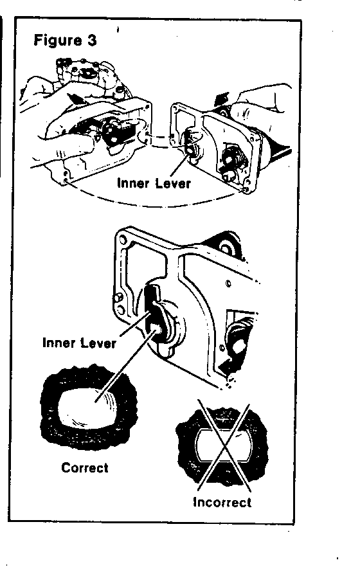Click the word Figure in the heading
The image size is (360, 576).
tap(58, 40)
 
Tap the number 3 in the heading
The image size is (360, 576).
tap(92, 39)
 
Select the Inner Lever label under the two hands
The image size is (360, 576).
tap(154, 183)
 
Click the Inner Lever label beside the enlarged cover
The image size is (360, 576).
tap(79, 343)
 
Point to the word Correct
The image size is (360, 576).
tap(85, 467)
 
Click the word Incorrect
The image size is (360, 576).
tap(222, 502)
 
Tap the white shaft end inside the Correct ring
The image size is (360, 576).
tap(89, 407)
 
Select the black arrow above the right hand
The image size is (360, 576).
tap(223, 99)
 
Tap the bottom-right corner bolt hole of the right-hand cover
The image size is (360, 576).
tap(246, 189)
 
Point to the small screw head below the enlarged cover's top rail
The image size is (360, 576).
tap(228, 283)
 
